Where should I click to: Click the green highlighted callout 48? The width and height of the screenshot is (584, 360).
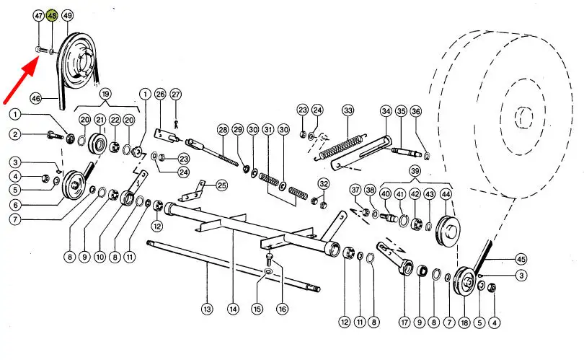pyautogui.click(x=52, y=16)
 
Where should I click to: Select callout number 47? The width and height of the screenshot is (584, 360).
pyautogui.click(x=39, y=16)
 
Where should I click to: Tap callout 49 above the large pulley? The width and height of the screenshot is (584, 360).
pyautogui.click(x=68, y=16)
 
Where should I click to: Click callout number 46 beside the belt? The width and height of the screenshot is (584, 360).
pyautogui.click(x=36, y=99)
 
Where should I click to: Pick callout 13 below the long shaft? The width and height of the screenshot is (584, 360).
pyautogui.click(x=207, y=309)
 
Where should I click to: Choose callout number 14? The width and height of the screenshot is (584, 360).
pyautogui.click(x=233, y=309)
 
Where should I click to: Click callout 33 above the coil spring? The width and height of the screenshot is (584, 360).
pyautogui.click(x=348, y=110)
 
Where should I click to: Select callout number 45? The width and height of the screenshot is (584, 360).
pyautogui.click(x=521, y=260)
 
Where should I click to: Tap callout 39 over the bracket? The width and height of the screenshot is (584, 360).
pyautogui.click(x=415, y=171)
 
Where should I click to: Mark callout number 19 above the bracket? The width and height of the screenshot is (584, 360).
pyautogui.click(x=105, y=94)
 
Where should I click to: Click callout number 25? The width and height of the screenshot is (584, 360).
pyautogui.click(x=222, y=185)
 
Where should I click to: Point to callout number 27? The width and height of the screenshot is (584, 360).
pyautogui.click(x=175, y=95)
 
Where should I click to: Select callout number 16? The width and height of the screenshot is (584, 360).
pyautogui.click(x=283, y=309)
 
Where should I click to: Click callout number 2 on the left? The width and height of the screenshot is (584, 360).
pyautogui.click(x=15, y=134)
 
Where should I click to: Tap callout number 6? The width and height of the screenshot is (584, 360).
pyautogui.click(x=15, y=205)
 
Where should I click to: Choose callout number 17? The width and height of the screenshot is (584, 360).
pyautogui.click(x=404, y=322)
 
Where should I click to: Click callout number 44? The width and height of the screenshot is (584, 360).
pyautogui.click(x=446, y=194)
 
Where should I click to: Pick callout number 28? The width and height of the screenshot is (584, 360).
pyautogui.click(x=223, y=130)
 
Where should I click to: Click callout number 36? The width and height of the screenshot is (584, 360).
pyautogui.click(x=416, y=111)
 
